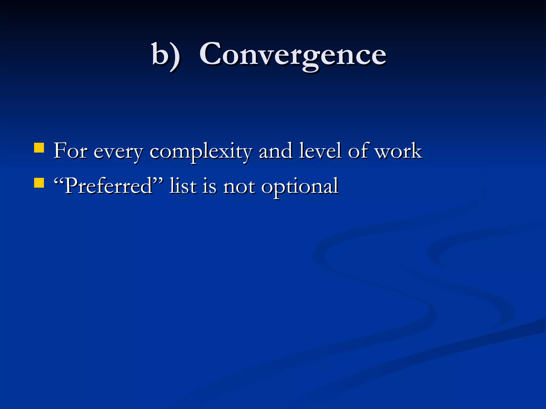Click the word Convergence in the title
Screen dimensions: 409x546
(x=293, y=55)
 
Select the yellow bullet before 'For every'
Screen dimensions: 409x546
(x=39, y=148)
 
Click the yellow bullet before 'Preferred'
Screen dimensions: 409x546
(x=39, y=183)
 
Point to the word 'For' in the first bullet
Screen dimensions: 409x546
(x=70, y=151)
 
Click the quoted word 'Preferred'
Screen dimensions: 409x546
(x=108, y=186)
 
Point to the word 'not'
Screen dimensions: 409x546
(x=239, y=186)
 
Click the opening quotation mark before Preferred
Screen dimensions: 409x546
(x=59, y=181)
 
